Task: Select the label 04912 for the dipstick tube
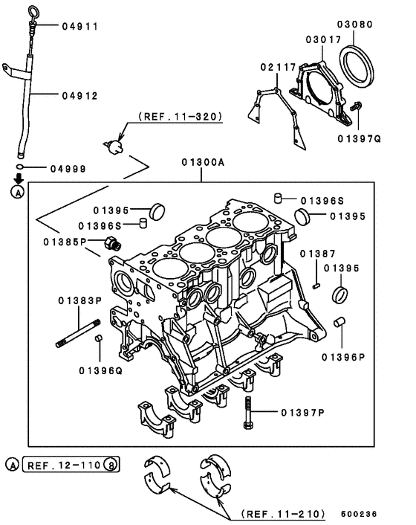pos(80,96)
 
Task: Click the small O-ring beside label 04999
pos(23,168)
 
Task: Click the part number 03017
pos(324,39)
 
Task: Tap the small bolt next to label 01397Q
pos(357,107)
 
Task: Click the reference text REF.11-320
pos(181,117)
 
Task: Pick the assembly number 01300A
pos(202,161)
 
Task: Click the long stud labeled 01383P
pos(77,336)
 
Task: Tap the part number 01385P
pos(65,242)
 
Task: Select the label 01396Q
pos(101,370)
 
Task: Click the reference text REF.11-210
pos(283,514)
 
